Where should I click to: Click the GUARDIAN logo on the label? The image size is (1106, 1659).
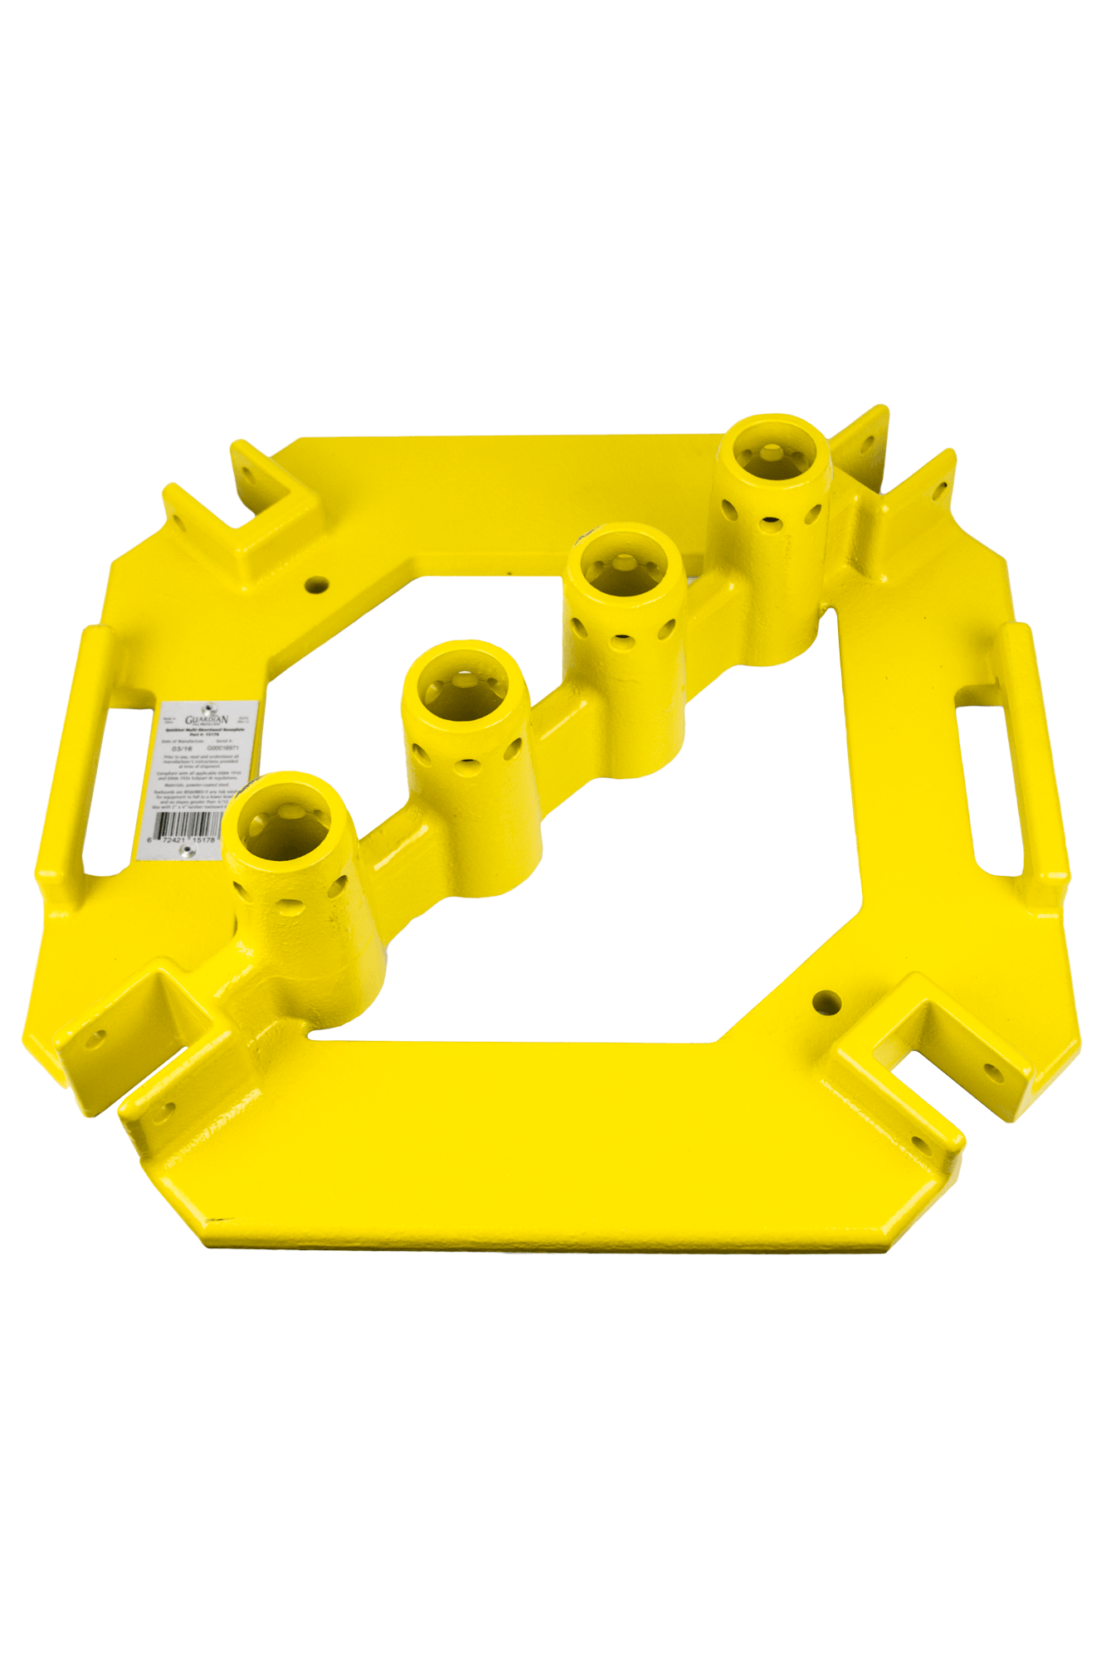[x=206, y=719]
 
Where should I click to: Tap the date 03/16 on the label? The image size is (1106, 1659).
[x=177, y=748]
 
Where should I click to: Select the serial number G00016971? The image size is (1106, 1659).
[x=222, y=748]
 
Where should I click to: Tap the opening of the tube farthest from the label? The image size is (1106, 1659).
[x=772, y=453]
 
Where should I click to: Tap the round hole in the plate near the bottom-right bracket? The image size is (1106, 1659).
[x=826, y=1002]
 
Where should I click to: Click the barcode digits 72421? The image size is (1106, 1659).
[x=172, y=840]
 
